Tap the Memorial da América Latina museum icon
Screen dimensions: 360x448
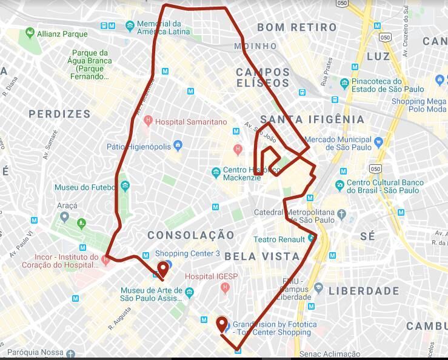[130, 26]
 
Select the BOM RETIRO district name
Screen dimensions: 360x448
[296, 27]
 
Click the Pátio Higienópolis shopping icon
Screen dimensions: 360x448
[178, 145]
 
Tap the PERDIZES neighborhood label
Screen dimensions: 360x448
[59, 114]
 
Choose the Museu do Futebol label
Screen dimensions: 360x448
[84, 187]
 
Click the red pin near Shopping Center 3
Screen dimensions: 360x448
[162, 269]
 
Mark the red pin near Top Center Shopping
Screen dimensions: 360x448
[222, 324]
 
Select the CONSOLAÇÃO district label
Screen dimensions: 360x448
[190, 235]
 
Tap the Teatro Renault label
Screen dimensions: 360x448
[279, 239]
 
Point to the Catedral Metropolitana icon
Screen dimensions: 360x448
[342, 213]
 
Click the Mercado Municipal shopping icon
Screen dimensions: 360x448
[378, 142]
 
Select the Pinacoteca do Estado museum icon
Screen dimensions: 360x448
[344, 83]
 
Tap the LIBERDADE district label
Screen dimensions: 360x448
[364, 292]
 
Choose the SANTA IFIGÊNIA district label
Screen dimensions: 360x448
[312, 119]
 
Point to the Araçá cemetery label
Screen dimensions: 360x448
[67, 206]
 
